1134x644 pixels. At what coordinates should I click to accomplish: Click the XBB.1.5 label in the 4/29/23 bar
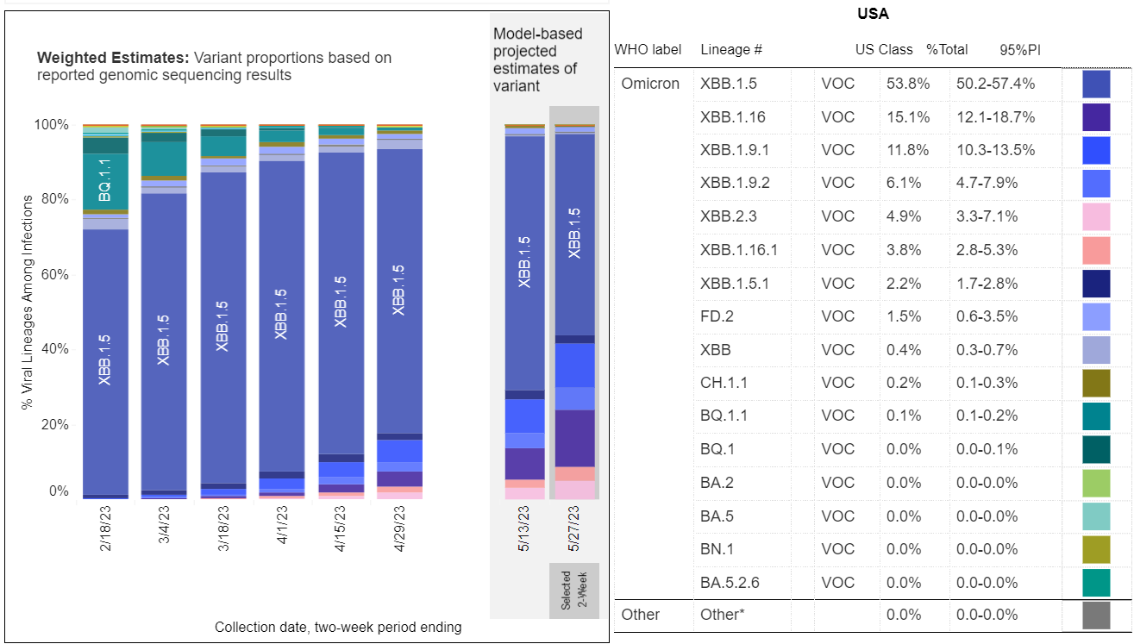pos(398,290)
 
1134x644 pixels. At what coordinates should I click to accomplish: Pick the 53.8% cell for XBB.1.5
pos(904,84)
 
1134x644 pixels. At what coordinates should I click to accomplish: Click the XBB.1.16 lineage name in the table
pos(732,117)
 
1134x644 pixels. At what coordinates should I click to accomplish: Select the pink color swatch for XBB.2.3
pos(1095,216)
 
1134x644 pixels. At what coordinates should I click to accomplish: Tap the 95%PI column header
pos(1019,50)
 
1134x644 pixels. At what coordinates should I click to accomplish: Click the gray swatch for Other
pos(1095,615)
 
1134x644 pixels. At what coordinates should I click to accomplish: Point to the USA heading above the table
pos(873,15)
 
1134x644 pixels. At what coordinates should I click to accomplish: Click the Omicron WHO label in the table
pos(650,84)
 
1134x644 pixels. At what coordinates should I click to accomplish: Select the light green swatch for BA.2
pos(1095,482)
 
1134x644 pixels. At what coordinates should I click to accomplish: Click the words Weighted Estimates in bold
pos(113,59)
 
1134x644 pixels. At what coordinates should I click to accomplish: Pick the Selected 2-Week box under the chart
pos(573,591)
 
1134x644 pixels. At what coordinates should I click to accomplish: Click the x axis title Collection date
pos(338,627)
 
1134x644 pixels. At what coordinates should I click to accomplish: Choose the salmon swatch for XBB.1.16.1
pos(1095,250)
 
